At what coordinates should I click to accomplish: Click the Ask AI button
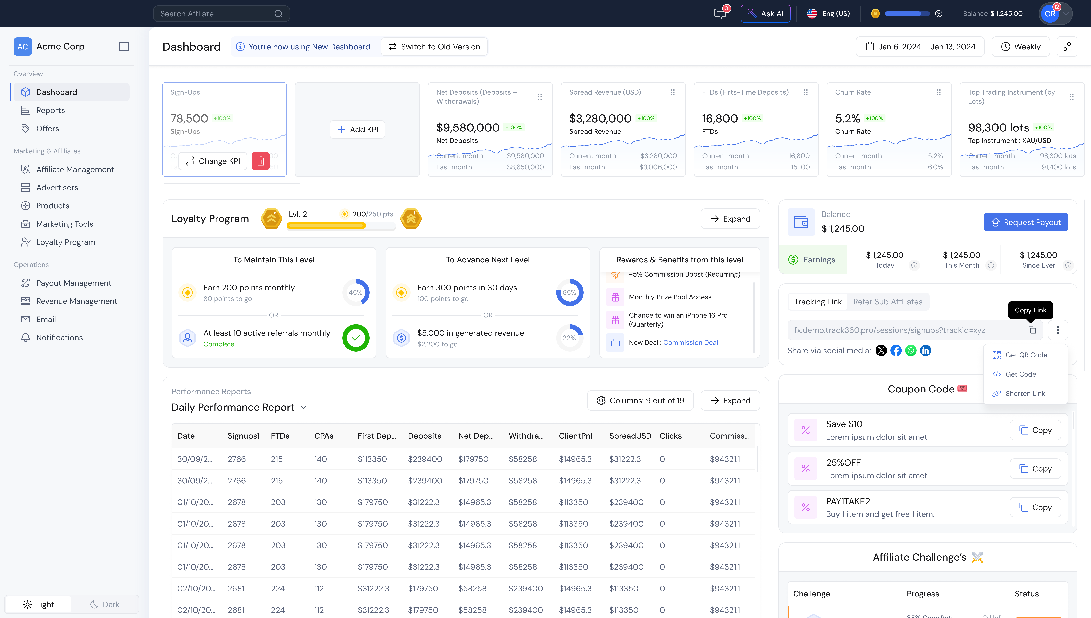(765, 14)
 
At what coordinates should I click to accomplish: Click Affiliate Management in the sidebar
(75, 169)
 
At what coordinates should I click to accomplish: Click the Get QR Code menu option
(1026, 355)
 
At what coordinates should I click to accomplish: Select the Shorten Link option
(1025, 393)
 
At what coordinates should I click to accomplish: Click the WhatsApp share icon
(911, 351)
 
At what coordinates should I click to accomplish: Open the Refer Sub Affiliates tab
(888, 302)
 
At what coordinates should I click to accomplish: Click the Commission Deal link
(690, 343)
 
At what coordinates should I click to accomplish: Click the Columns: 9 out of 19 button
(640, 401)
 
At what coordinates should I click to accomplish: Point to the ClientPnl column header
(575, 436)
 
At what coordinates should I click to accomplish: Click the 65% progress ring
(569, 292)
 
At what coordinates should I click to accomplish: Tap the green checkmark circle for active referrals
(356, 338)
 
